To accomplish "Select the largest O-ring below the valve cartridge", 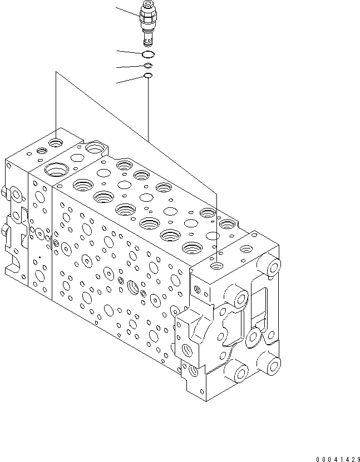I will click(147, 54).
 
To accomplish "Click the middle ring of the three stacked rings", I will click(147, 66).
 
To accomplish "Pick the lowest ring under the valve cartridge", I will click(147, 76).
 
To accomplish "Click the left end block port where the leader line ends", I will click(56, 143).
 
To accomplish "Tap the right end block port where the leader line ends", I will click(216, 266).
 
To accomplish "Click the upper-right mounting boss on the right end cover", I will click(273, 267).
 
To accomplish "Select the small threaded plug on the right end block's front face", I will click(196, 288).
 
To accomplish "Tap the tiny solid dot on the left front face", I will click(40, 257).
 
